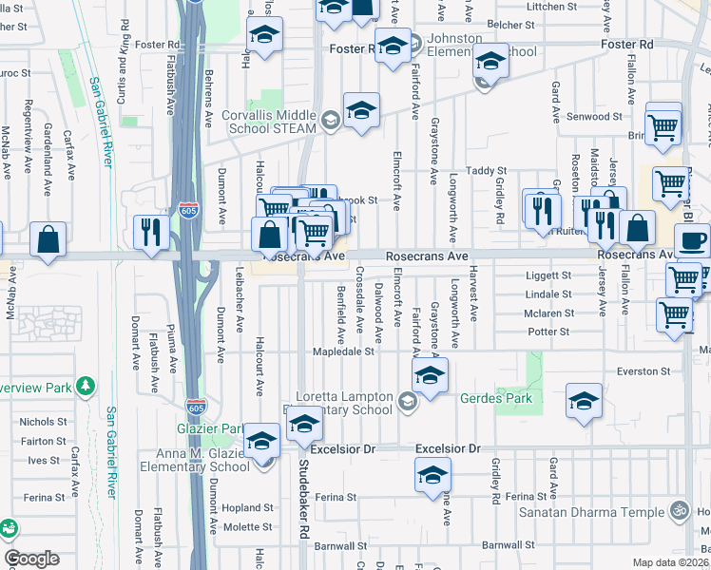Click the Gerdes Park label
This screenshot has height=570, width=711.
coord(496,399)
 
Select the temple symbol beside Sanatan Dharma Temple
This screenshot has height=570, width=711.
coord(678,510)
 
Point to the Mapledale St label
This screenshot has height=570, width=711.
coord(345,351)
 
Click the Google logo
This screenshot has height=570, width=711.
coord(31,558)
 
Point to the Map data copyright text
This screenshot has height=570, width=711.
coord(671,562)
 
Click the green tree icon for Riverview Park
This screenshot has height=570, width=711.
coord(87,386)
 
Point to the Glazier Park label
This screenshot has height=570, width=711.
coord(216,428)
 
